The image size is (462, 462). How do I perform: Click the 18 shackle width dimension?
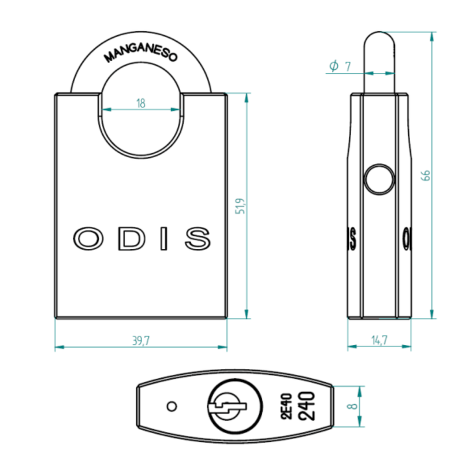[x=141, y=103]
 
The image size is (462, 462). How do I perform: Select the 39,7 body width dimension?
[x=141, y=341]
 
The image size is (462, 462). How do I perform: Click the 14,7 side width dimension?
[x=379, y=341]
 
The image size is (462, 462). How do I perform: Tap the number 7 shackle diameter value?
[x=348, y=66]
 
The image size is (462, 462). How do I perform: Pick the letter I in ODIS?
[x=165, y=238]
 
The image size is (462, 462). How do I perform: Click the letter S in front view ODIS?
[x=198, y=238]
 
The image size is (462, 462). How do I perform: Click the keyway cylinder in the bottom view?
[x=226, y=406]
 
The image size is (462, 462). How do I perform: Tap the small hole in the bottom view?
[x=171, y=406]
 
